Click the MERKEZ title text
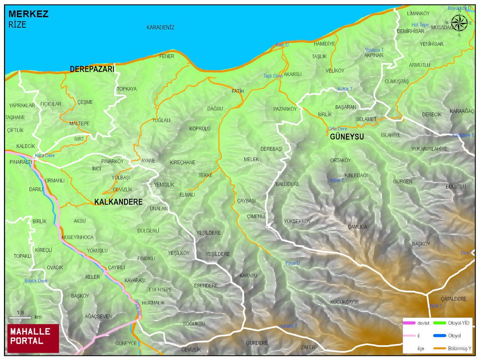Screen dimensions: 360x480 [28, 14]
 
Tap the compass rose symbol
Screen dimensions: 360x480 [459, 23]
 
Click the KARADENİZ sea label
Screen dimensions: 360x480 [160, 27]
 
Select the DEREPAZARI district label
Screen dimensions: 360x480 [92, 69]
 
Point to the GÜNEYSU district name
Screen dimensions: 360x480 [347, 137]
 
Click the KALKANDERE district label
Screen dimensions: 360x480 [118, 202]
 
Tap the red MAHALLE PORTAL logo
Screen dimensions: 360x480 [33, 338]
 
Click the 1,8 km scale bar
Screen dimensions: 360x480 [20, 317]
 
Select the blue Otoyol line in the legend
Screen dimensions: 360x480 [439, 336]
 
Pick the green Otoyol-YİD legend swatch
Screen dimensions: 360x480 [439, 323]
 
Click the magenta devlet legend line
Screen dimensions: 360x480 [409, 323]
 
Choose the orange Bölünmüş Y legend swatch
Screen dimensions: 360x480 [439, 348]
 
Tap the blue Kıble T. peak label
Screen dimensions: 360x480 [337, 180]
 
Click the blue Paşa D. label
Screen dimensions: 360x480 [292, 263]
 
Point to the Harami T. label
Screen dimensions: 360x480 [288, 326]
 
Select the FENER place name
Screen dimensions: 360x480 [167, 56]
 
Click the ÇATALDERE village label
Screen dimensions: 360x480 [453, 299]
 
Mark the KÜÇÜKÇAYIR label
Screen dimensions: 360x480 [344, 302]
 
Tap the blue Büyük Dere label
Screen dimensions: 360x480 [36, 281]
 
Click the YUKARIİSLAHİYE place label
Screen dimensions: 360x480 [429, 149]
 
